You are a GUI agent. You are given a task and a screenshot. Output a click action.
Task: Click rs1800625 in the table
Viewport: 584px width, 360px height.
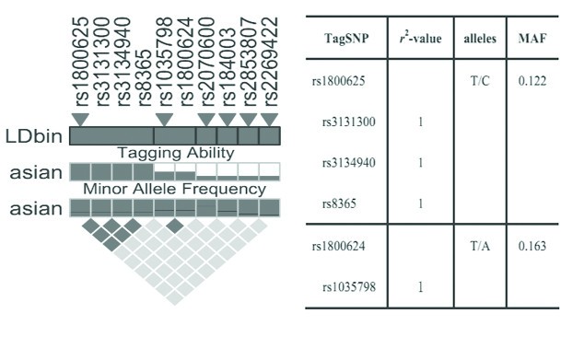339,81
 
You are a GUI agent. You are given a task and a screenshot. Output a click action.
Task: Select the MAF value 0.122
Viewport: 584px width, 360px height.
532,81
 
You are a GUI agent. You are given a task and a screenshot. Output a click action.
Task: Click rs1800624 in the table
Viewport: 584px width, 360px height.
339,246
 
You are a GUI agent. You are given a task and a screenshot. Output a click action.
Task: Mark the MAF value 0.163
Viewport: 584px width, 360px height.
532,246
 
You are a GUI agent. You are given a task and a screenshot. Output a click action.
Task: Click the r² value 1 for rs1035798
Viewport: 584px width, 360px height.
420,287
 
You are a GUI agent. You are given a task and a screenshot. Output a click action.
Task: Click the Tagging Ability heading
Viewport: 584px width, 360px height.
174,153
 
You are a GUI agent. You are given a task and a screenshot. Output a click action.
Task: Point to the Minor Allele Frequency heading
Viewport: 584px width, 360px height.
174,190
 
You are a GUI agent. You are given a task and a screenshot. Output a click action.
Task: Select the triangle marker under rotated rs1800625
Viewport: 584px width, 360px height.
80,120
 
